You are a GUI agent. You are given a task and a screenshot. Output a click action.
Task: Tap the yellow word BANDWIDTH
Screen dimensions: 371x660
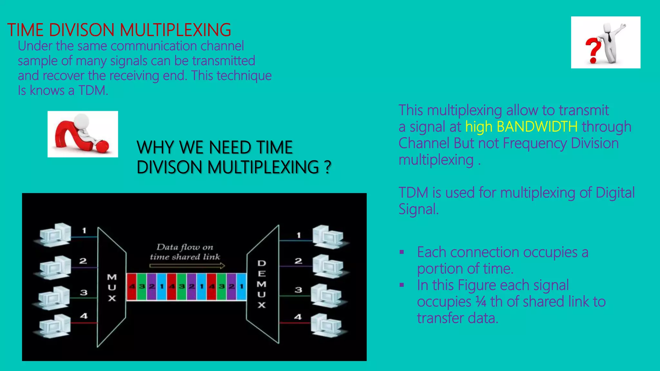[x=537, y=127]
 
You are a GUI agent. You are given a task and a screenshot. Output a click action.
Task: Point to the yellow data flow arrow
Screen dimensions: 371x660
[x=187, y=266]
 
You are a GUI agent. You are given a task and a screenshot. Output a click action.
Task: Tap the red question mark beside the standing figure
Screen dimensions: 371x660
[x=593, y=50]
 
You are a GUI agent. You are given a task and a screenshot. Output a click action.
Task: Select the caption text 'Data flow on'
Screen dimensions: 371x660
[x=185, y=247]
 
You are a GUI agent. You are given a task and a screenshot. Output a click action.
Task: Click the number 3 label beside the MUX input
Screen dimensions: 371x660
[x=84, y=292]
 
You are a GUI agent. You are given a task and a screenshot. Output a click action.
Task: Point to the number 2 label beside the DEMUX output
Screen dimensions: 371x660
[x=298, y=261]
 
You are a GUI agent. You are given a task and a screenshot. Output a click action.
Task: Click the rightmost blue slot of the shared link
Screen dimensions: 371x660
[x=241, y=287]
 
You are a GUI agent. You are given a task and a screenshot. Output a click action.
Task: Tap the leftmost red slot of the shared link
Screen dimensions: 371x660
[x=131, y=287]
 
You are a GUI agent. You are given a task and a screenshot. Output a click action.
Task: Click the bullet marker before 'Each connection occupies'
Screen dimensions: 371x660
[x=402, y=252]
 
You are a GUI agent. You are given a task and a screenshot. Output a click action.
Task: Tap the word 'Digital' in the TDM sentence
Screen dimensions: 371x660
[x=615, y=193]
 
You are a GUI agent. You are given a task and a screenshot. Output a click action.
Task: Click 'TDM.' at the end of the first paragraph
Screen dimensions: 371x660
[x=93, y=90]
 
